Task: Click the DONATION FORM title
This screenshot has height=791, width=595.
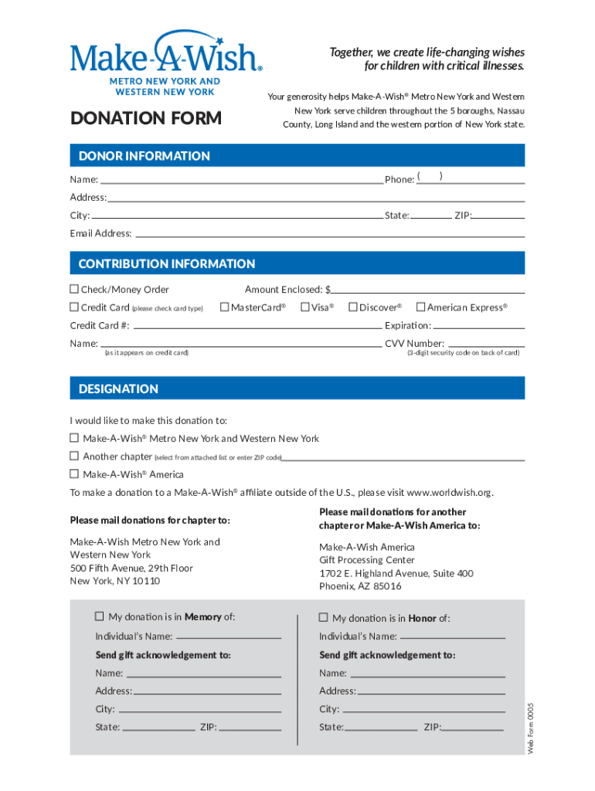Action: [x=145, y=118]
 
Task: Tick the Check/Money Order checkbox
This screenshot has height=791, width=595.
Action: [x=75, y=290]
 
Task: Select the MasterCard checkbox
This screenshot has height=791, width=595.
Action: [x=225, y=307]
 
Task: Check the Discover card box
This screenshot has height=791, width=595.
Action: [x=352, y=307]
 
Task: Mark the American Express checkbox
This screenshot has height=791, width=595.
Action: [x=421, y=307]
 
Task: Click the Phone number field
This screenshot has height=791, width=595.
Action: [x=471, y=179]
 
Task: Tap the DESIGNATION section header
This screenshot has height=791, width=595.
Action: [x=118, y=389]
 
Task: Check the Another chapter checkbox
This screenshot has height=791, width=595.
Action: [x=75, y=456]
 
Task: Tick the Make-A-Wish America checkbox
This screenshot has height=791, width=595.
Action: [x=75, y=474]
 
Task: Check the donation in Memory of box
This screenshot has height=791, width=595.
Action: [x=99, y=616]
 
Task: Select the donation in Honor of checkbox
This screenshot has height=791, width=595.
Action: [x=324, y=617]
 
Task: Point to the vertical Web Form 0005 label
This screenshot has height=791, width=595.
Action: [x=531, y=728]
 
